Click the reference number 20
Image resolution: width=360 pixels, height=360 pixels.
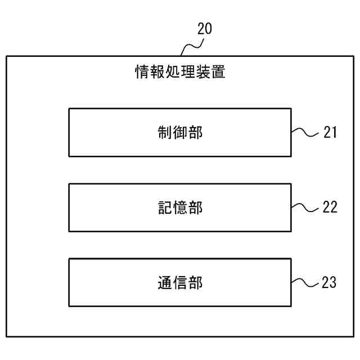(205, 29)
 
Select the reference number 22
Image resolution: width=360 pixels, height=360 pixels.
(330, 207)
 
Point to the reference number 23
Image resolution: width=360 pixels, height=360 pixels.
(329, 282)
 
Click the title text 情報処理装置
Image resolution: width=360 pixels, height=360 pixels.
(180, 72)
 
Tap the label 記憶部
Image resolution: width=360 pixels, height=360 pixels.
(180, 208)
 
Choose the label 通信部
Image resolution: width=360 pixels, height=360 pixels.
(180, 282)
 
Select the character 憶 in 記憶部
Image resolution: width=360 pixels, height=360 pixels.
(180, 208)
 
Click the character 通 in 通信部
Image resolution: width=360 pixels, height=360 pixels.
(165, 282)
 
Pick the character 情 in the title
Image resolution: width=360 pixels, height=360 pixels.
(142, 72)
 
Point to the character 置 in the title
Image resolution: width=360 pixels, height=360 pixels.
(218, 72)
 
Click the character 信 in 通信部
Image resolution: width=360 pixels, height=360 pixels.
(180, 282)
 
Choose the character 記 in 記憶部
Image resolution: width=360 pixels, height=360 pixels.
(165, 208)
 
